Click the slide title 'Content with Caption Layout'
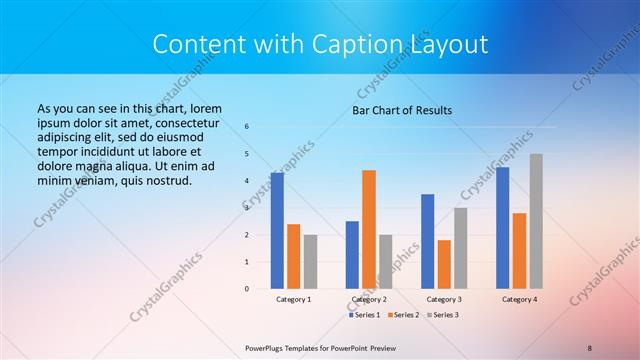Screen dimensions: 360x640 [320, 45]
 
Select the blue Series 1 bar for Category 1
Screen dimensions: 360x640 [277, 231]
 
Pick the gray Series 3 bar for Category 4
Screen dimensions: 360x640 [536, 221]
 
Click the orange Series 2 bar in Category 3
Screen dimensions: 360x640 [444, 264]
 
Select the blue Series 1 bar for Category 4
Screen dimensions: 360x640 [503, 228]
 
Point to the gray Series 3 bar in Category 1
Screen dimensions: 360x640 [310, 261]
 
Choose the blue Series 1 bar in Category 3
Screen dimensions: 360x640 [428, 241]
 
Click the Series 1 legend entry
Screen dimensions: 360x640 [364, 315]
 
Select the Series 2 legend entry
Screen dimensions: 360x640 [403, 315]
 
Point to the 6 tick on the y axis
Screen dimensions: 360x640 [247, 127]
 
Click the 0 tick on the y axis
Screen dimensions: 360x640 [247, 289]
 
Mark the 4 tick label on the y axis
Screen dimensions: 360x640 [247, 181]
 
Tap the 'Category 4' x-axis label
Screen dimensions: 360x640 [519, 299]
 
